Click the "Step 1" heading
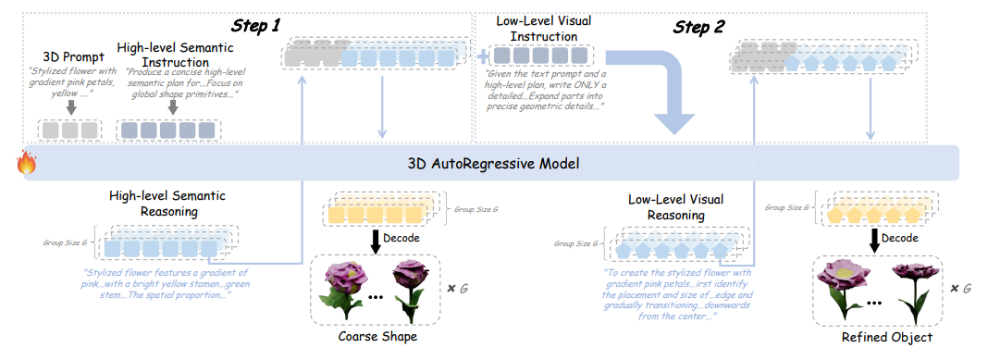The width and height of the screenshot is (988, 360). point(256,25)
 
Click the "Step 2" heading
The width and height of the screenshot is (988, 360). point(698,27)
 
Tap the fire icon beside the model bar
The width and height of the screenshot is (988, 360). point(27,163)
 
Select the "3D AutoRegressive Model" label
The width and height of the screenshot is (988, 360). point(493,163)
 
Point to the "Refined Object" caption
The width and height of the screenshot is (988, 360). point(886,338)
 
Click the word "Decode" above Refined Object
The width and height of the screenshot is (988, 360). point(900,238)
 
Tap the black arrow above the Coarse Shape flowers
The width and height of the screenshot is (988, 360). point(375,240)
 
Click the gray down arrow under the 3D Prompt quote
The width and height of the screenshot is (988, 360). point(71,106)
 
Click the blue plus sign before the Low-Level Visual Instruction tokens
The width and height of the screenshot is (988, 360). point(483,57)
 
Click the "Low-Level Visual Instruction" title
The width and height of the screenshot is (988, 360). point(542,29)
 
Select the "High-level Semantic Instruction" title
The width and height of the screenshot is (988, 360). point(175,55)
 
